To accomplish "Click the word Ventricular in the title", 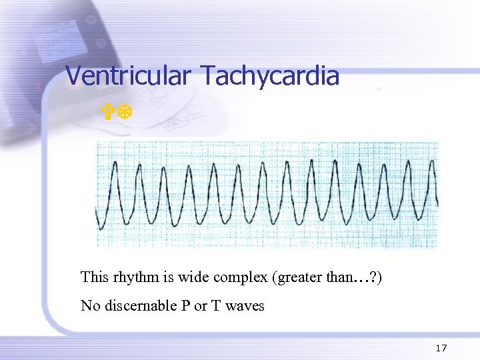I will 131,76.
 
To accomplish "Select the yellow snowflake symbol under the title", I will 125,113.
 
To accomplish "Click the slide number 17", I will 440,348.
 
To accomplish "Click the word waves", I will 246,307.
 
